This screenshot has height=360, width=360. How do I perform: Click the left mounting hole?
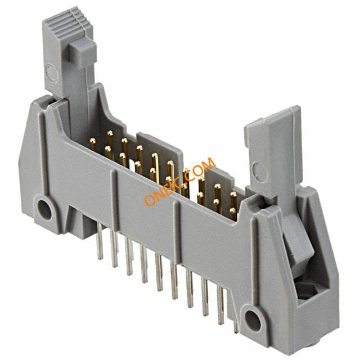[44, 210]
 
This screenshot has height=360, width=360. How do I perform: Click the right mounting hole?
[253, 321]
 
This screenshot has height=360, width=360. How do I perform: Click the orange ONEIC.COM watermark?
[180, 181]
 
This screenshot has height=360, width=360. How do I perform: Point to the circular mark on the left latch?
[51, 73]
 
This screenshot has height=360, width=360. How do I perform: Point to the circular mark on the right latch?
[260, 172]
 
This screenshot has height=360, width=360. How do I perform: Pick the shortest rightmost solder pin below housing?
[236, 327]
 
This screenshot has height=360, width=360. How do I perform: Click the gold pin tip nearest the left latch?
[93, 141]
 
